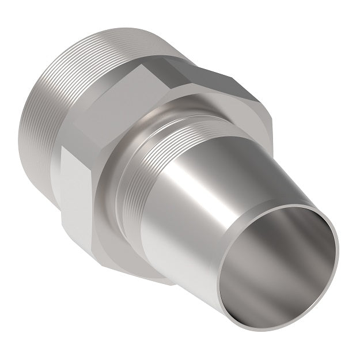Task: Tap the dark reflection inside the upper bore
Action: coord(288,230)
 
